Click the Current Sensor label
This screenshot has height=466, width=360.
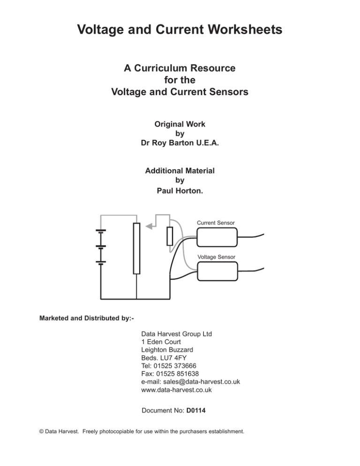[x=216, y=222]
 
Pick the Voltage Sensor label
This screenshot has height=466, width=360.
[x=217, y=257]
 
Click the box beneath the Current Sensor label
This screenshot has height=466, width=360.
[x=217, y=237]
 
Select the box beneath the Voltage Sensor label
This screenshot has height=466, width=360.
[x=217, y=271]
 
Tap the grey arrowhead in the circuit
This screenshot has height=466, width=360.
[x=149, y=226]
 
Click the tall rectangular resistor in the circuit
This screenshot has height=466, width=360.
[x=136, y=248]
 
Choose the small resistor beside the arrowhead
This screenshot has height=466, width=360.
[x=170, y=236]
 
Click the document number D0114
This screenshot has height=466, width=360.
[x=197, y=411]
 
